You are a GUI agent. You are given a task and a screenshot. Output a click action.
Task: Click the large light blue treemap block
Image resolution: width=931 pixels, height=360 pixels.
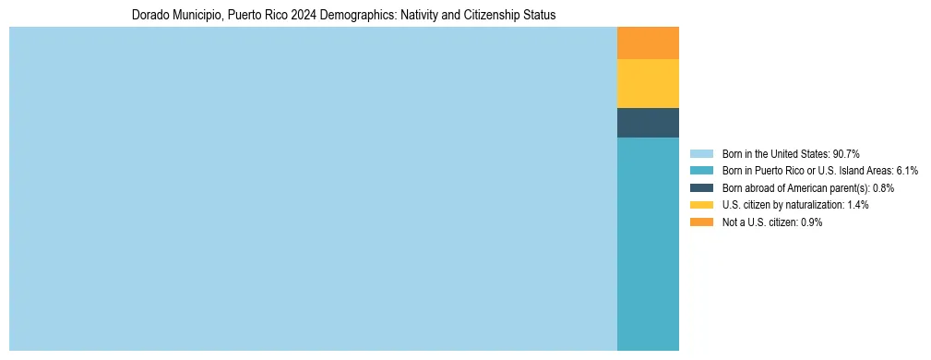pos(313,188)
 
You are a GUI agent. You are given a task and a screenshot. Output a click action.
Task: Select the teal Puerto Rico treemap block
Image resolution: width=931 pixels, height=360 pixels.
pos(648,244)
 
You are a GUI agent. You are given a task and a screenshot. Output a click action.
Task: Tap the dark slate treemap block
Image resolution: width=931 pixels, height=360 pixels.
pos(648,123)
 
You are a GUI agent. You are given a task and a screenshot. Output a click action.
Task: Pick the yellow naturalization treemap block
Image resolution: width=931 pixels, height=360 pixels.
pos(648,83)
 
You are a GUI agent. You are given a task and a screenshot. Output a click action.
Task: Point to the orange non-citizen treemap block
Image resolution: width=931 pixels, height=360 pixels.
pos(648,42)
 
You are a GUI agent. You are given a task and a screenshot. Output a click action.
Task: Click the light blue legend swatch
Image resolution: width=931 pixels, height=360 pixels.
pos(701,154)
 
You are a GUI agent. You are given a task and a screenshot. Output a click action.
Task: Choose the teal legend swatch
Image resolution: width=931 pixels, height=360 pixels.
pos(701,171)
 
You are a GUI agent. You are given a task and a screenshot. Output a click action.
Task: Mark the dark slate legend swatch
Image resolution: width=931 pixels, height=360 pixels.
pos(701,188)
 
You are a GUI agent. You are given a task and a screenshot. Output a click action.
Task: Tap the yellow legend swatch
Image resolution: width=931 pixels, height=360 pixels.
pos(701,205)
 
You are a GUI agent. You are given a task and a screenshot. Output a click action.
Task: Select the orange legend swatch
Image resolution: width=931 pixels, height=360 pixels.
pos(701,222)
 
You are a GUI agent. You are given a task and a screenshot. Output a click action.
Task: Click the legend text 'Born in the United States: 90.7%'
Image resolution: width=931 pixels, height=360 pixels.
pos(791,154)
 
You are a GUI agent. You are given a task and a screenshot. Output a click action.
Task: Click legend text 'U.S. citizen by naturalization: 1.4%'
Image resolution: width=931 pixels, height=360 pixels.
pos(795,205)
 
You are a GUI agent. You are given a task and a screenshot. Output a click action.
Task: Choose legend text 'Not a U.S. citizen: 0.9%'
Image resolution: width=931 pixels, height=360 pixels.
pos(771,222)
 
